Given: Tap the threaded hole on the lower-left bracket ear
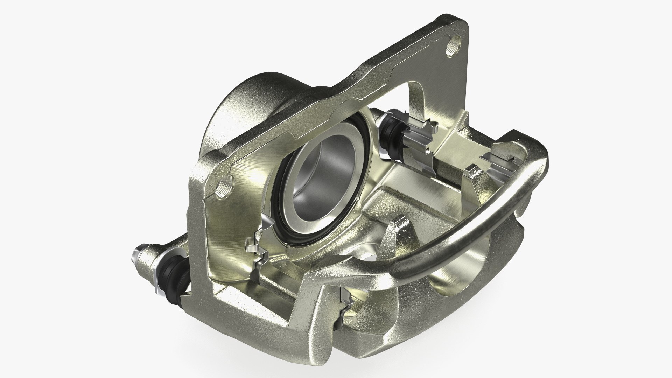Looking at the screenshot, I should coord(224,189).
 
